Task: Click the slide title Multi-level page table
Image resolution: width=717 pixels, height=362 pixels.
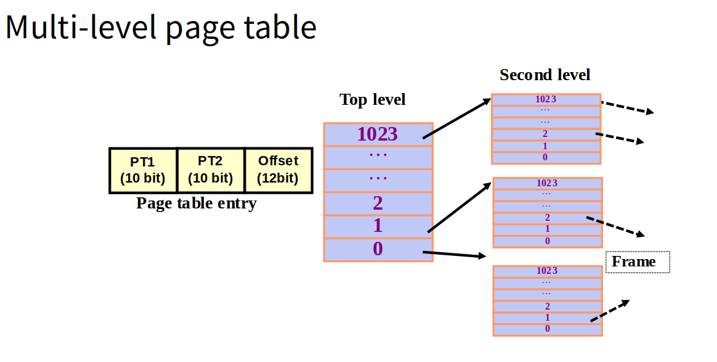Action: (161, 28)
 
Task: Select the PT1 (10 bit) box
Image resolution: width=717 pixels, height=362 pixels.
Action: (142, 170)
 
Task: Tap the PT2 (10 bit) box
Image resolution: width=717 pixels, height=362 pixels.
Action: (210, 170)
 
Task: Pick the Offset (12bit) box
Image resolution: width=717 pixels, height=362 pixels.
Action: (278, 170)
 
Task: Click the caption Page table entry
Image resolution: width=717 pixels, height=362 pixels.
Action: (196, 204)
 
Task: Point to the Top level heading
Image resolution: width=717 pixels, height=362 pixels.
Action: (373, 100)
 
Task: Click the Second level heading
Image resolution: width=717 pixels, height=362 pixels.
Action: (545, 75)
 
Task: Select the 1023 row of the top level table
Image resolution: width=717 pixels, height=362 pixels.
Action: (378, 134)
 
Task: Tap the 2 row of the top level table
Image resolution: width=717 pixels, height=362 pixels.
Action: (378, 203)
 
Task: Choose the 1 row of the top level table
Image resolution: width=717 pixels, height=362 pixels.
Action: (378, 226)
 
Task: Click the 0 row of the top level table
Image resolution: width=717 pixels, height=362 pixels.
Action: (378, 249)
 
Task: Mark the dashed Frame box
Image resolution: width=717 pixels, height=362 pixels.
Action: (638, 262)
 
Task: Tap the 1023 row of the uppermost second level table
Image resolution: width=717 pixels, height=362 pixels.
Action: (546, 99)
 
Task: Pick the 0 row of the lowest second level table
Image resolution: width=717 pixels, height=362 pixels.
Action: (547, 329)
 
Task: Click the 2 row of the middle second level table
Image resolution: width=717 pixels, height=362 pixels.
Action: (547, 218)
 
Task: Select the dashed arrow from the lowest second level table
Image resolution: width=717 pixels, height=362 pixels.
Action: (610, 310)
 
